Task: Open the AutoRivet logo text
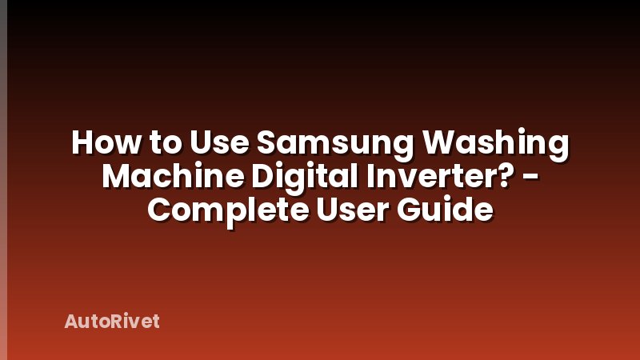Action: pyautogui.click(x=112, y=322)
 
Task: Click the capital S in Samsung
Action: pyautogui.click(x=269, y=144)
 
